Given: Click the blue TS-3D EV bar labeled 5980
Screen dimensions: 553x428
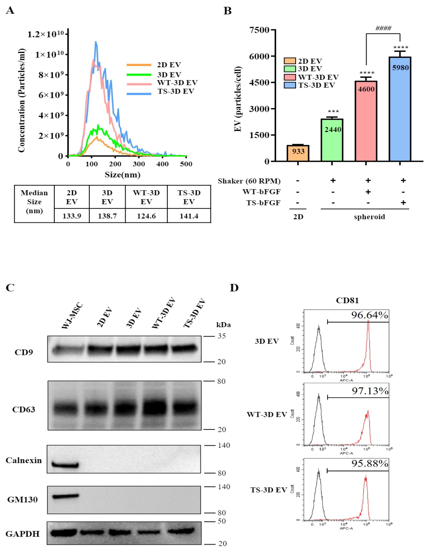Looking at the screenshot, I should (x=400, y=109).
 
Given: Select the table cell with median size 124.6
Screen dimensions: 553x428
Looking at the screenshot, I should (x=146, y=216).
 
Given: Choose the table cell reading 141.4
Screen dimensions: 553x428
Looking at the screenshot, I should (x=189, y=216).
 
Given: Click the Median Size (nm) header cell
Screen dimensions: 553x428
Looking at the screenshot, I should (x=34, y=202).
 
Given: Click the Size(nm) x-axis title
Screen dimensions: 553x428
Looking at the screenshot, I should (x=123, y=175).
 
